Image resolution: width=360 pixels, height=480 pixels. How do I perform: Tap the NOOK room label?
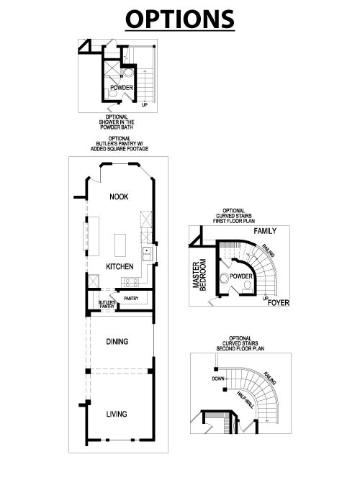tap(119, 196)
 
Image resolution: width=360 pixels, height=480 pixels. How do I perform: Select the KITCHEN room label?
tap(120, 266)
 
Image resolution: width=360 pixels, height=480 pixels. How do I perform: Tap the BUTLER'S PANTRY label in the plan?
tap(107, 304)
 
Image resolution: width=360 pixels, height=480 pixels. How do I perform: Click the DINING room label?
tap(117, 341)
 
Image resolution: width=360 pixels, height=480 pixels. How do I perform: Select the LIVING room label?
tap(117, 414)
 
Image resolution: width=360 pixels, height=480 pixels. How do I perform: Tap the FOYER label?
tap(278, 303)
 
